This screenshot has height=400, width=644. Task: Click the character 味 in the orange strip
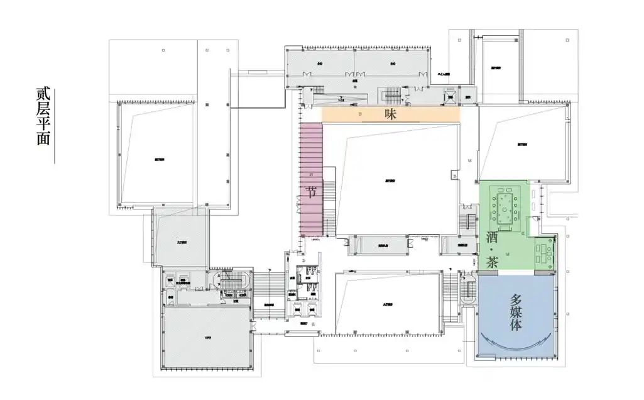pyautogui.click(x=391, y=114)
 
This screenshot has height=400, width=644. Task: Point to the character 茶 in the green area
pyautogui.click(x=492, y=262)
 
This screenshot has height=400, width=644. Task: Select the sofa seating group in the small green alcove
pyautogui.click(x=542, y=252)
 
